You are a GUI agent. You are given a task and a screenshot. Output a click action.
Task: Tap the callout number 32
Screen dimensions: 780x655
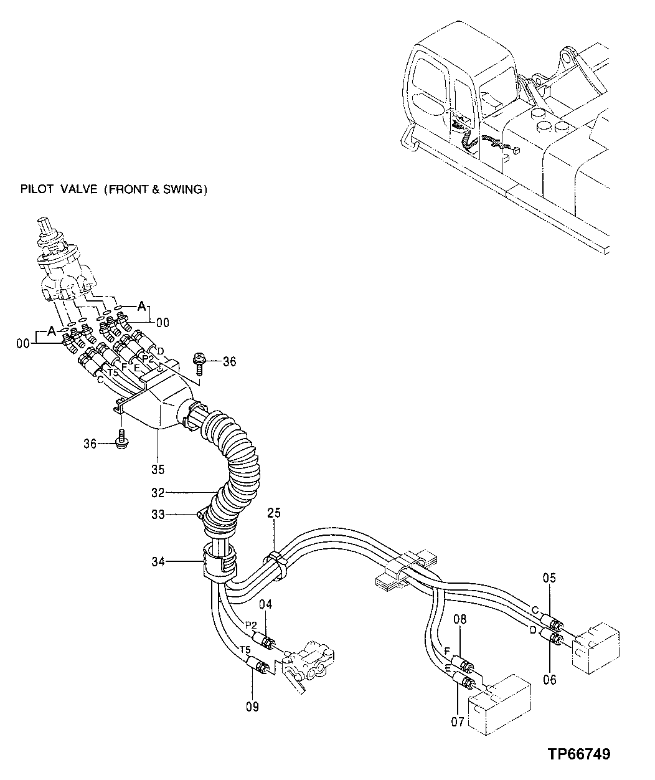[157, 493]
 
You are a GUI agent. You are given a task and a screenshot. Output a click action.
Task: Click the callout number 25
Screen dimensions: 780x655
[274, 513]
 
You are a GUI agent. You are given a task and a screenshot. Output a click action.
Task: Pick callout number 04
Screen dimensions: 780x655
[266, 604]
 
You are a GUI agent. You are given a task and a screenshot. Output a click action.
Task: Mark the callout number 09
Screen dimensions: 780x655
[252, 706]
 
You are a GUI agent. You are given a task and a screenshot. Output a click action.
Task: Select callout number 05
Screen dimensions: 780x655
[549, 578]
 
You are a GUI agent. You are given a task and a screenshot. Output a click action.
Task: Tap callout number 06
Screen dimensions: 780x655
[549, 680]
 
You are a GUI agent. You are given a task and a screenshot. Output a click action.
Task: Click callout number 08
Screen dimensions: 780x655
[459, 620]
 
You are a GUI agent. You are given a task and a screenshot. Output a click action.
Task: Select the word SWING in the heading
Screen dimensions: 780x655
[184, 189]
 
